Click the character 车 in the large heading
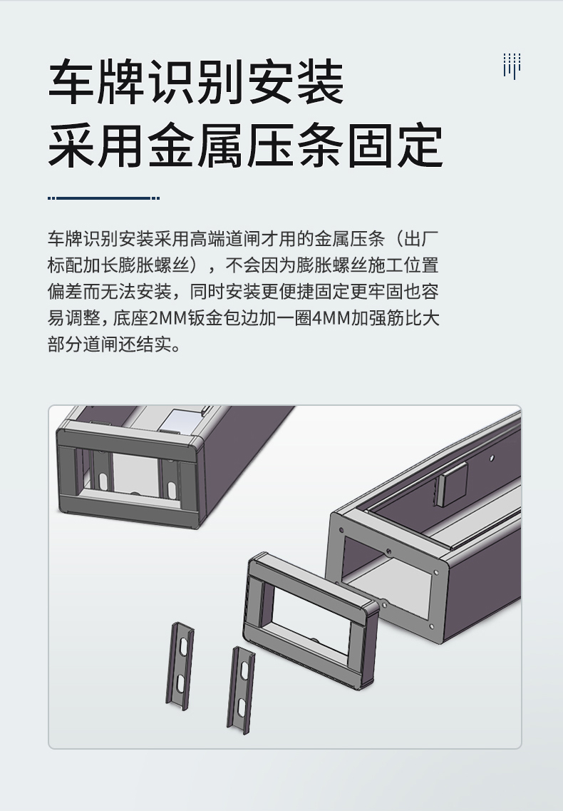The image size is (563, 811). point(71,82)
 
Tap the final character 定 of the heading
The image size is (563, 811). point(420,145)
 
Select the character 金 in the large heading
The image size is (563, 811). point(171,145)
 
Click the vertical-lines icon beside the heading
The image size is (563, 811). point(512,66)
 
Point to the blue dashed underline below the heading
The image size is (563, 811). point(103,198)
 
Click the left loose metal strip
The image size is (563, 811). point(180,666)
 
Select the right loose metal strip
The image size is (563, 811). point(241,690)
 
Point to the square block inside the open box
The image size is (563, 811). point(451,484)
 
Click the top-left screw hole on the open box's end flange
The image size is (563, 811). point(341,531)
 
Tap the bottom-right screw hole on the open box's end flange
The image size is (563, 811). point(430,626)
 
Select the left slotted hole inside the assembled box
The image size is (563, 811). point(103,481)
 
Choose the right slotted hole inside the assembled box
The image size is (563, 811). point(170,489)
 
